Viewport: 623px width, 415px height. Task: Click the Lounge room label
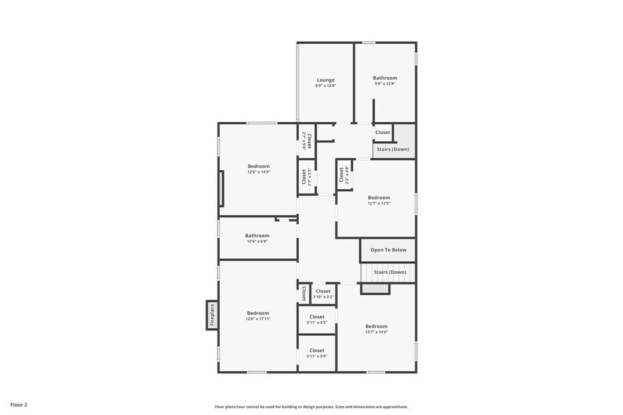(x=326, y=80)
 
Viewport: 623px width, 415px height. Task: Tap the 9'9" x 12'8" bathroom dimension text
(x=385, y=84)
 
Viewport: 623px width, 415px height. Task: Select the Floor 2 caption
(x=18, y=405)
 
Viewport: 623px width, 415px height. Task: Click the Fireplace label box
(x=212, y=315)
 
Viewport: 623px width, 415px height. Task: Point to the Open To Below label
(x=388, y=250)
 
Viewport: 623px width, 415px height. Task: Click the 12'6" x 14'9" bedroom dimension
(x=259, y=172)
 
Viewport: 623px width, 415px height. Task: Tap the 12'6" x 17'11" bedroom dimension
(x=258, y=319)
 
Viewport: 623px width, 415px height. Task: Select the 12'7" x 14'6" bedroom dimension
(x=376, y=332)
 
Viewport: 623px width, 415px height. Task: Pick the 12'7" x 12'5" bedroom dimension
(x=379, y=203)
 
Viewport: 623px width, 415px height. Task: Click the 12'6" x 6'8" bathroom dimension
(x=257, y=241)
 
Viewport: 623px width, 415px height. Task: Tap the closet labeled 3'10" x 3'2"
(x=323, y=296)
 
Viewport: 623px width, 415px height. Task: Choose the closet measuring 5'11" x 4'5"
(x=316, y=323)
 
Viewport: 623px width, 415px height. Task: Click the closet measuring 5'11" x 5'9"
(x=316, y=356)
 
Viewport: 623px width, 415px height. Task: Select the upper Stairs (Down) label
(x=393, y=149)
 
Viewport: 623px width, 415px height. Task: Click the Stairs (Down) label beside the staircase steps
(x=390, y=272)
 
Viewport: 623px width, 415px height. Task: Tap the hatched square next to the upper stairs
(x=403, y=133)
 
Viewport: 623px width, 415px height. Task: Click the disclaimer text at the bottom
(x=311, y=407)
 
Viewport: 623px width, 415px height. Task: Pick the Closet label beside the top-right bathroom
(x=383, y=132)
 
